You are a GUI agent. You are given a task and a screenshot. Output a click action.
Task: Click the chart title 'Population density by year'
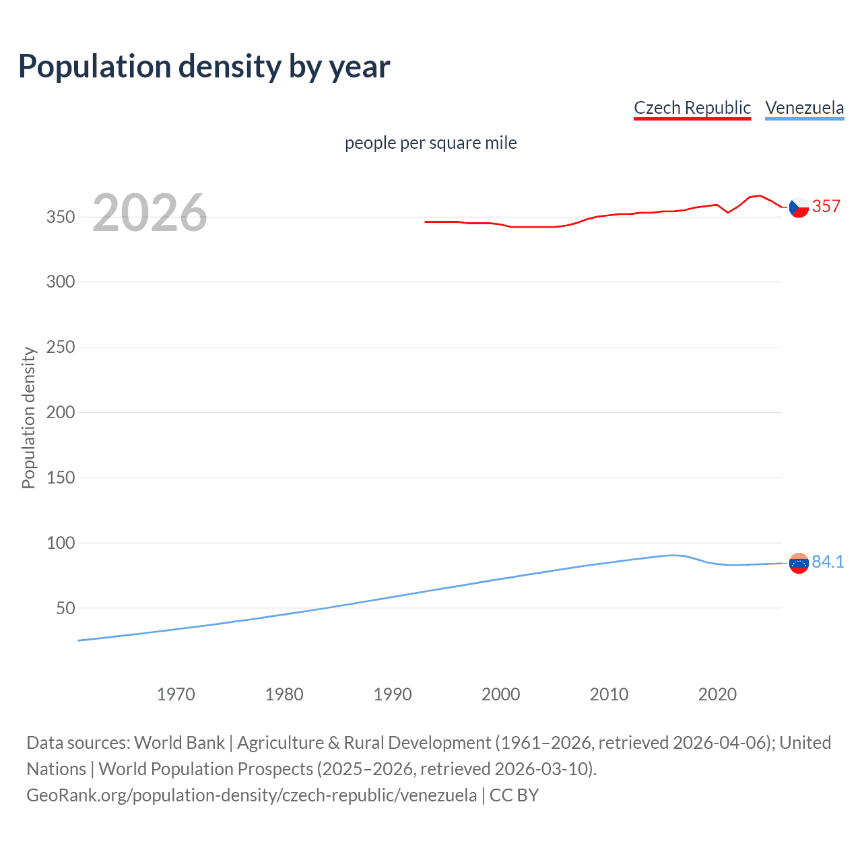pos(204,67)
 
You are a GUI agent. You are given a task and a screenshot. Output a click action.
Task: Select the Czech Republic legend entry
pos(692,108)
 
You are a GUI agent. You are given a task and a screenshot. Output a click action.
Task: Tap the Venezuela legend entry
pos(804,108)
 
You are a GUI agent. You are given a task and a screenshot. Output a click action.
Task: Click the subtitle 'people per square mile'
pos(430,143)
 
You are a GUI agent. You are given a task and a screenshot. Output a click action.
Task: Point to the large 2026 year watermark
pos(150,213)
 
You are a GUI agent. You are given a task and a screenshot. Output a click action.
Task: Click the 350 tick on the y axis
pos(61,217)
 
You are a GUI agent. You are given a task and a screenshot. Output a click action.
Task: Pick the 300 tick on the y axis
pos(61,282)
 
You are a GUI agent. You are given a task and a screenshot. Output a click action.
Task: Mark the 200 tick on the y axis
pos(61,412)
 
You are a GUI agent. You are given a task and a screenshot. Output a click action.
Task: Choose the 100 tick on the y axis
pos(61,543)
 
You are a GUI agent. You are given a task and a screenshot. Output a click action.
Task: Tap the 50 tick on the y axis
pos(65,608)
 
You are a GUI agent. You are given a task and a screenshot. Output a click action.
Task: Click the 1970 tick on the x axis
pos(176,694)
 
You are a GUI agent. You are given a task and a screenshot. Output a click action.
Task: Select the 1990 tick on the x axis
pos(393,694)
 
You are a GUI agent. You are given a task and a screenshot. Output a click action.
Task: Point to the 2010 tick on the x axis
pos(609,694)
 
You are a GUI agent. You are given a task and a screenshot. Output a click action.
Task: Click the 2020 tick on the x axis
pos(717,694)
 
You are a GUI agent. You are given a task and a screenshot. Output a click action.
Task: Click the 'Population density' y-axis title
pos(28,418)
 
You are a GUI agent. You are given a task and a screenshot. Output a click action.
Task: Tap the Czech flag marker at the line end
pos(799,207)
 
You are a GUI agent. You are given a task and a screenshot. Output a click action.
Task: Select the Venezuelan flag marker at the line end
pos(799,563)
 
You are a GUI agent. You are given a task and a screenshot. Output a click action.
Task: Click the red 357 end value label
pos(826,207)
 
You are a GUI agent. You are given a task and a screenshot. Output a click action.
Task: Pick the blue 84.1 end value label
pos(828,562)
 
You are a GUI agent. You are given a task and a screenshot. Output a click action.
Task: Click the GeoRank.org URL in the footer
pos(251,795)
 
